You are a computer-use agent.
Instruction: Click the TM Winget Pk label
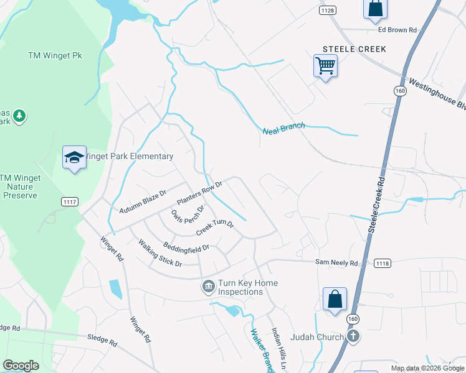click(55, 55)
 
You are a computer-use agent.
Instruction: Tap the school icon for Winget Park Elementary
click(74, 158)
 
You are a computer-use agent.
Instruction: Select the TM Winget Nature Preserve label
click(21, 186)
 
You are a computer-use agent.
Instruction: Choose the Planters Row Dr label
click(199, 193)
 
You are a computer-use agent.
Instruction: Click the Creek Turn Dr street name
click(215, 228)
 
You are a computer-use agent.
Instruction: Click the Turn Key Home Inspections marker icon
click(207, 287)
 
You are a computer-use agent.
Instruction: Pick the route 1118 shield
click(383, 264)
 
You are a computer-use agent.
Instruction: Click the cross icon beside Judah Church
click(353, 337)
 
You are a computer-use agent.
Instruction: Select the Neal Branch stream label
click(283, 129)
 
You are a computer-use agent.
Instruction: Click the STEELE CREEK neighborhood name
click(354, 49)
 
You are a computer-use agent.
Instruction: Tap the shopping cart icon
click(325, 65)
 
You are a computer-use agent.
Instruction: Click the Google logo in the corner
click(21, 366)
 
